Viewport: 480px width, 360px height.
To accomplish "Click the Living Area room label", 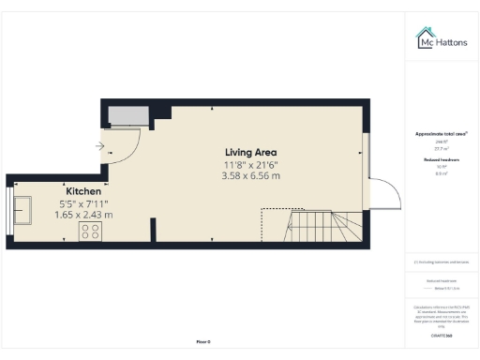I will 250,152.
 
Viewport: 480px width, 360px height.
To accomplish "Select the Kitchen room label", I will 82,189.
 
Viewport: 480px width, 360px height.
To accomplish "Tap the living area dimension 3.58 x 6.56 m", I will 250,176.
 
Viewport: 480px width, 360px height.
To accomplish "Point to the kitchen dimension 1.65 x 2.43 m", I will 83,214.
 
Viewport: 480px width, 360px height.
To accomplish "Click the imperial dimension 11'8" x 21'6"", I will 250,164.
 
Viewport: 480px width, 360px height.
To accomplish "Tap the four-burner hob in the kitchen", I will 92,231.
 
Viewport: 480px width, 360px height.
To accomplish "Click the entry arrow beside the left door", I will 100,145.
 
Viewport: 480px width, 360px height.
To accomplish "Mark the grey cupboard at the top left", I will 127,114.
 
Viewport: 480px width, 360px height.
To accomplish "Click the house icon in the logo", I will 425,37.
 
